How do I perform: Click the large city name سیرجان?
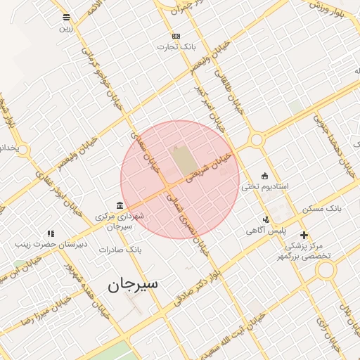133,284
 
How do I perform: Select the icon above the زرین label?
66,17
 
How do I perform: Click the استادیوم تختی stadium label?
265,187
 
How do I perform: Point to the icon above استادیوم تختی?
264,176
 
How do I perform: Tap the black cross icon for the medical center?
304,235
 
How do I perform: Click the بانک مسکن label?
321,210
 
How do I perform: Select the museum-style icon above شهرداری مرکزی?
120,206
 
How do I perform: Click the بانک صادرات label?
120,250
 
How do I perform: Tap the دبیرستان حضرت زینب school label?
51,245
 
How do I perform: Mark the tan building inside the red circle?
181,160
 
